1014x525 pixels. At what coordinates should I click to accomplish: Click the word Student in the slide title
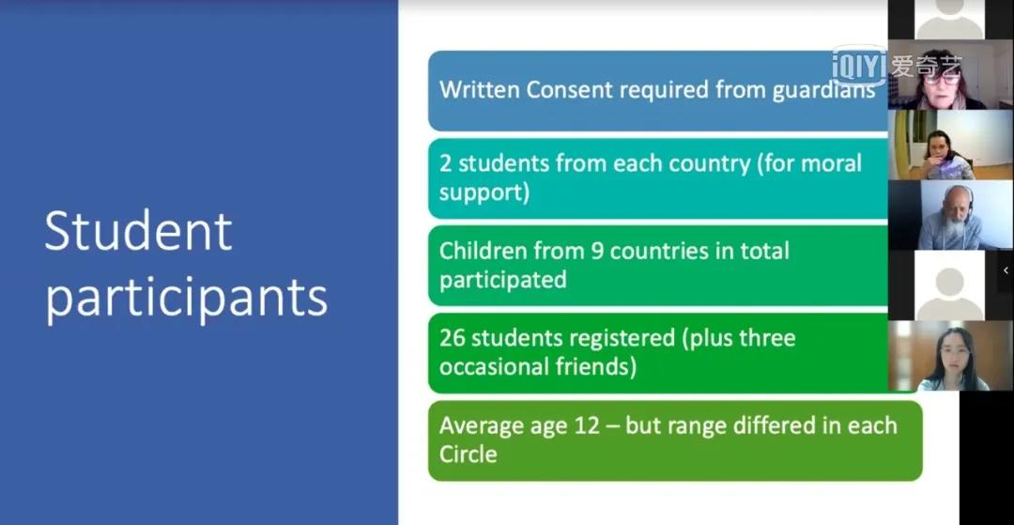coord(138,231)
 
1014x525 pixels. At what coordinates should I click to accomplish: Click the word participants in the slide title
coord(186,298)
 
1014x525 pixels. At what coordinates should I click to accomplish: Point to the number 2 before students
coord(446,162)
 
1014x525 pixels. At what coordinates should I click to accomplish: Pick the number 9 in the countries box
coord(597,251)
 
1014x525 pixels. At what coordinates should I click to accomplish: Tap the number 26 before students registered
coord(453,338)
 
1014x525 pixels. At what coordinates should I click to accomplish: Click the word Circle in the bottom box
coord(469,454)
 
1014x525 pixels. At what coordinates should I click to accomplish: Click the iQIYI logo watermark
coord(897,66)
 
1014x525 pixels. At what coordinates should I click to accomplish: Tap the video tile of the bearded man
coord(949,215)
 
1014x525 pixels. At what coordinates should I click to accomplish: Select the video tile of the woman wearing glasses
coord(949,74)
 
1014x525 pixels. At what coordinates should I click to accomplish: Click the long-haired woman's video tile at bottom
coord(949,356)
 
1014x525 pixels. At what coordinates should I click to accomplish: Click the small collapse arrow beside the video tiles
coord(1006,270)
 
